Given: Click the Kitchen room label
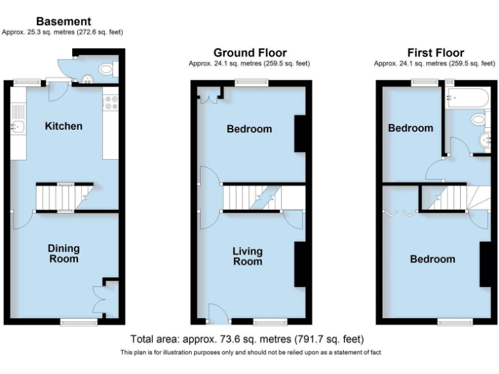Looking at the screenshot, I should (x=63, y=126).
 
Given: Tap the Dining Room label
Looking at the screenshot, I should (x=64, y=253).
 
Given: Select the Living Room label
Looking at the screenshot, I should (x=248, y=256).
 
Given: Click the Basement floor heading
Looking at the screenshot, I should (x=63, y=21).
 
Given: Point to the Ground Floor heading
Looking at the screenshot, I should (x=250, y=53).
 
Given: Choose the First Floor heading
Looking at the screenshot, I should (x=435, y=53).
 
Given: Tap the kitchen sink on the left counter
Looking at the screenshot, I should (x=18, y=127).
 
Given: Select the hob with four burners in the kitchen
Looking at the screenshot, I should (x=110, y=102).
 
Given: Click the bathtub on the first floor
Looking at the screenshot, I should (x=466, y=99).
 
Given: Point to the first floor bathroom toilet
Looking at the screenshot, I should (x=480, y=119).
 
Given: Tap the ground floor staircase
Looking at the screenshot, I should (x=253, y=197).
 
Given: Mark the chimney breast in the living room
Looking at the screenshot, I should (x=300, y=264).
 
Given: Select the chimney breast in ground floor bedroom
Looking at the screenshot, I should (x=300, y=134).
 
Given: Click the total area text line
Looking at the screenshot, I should (x=247, y=339).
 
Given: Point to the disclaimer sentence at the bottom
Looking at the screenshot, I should (x=250, y=353).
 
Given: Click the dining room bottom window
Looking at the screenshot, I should (x=79, y=321).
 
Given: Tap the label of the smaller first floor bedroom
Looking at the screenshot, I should (x=411, y=128).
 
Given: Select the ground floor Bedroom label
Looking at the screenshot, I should (x=249, y=129).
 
